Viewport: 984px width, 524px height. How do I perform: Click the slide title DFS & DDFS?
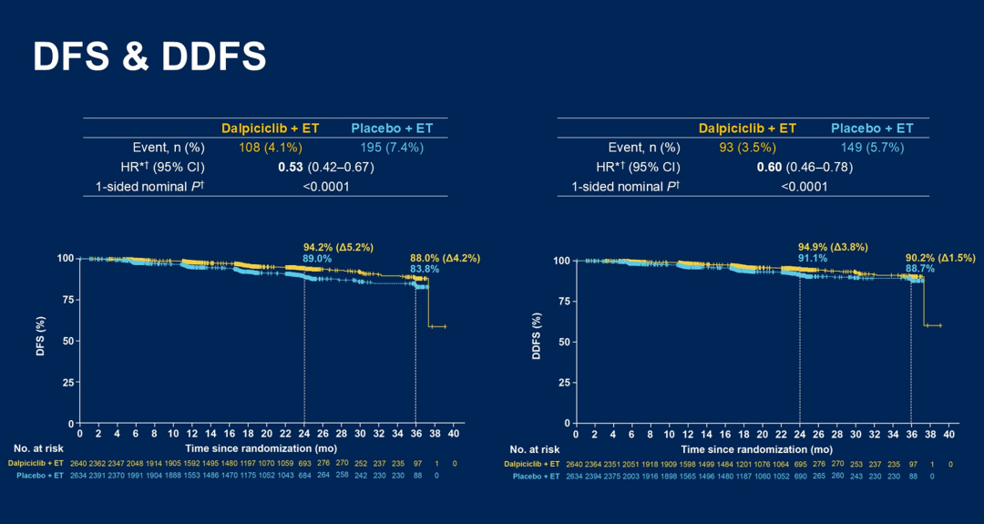pyautogui.click(x=149, y=57)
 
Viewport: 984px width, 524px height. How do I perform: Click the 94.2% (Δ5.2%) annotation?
pyautogui.click(x=338, y=247)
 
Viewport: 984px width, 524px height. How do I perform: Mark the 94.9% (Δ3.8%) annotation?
pyautogui.click(x=832, y=247)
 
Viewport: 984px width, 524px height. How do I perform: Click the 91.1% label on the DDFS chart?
pyautogui.click(x=815, y=259)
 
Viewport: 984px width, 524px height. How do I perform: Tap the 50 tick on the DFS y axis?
pyautogui.click(x=67, y=342)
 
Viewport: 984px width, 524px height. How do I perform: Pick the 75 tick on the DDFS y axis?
pyautogui.click(x=562, y=302)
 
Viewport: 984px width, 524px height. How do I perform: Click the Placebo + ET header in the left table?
pyautogui.click(x=394, y=128)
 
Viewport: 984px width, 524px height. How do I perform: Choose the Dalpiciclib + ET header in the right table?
pyautogui.click(x=747, y=128)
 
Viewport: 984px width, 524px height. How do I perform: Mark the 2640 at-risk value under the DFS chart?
pyautogui.click(x=79, y=464)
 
